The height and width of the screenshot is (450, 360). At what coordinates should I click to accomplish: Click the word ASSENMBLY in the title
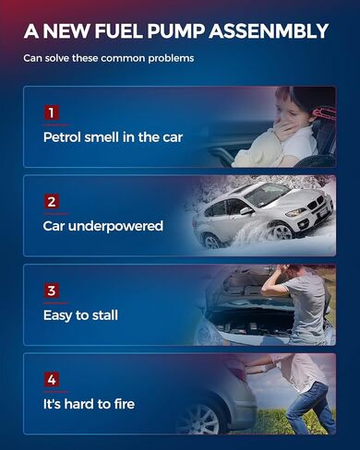269,31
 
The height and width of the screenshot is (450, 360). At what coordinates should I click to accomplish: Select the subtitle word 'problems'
171,58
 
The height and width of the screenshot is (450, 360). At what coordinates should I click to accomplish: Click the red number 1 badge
52,112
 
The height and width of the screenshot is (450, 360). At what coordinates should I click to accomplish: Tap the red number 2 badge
52,201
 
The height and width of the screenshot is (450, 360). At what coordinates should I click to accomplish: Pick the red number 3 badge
52,290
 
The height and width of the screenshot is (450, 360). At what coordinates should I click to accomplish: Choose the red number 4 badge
52,380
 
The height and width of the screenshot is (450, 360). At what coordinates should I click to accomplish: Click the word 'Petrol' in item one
63,137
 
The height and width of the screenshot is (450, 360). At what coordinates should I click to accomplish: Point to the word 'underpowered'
115,227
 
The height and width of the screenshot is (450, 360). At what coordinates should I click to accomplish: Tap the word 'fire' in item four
125,404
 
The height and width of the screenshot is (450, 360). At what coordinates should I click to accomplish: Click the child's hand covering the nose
283,128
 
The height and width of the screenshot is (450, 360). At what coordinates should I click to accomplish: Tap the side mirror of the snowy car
247,210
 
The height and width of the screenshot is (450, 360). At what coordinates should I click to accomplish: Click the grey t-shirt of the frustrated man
305,304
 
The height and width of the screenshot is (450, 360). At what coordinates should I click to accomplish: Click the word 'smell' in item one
102,137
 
